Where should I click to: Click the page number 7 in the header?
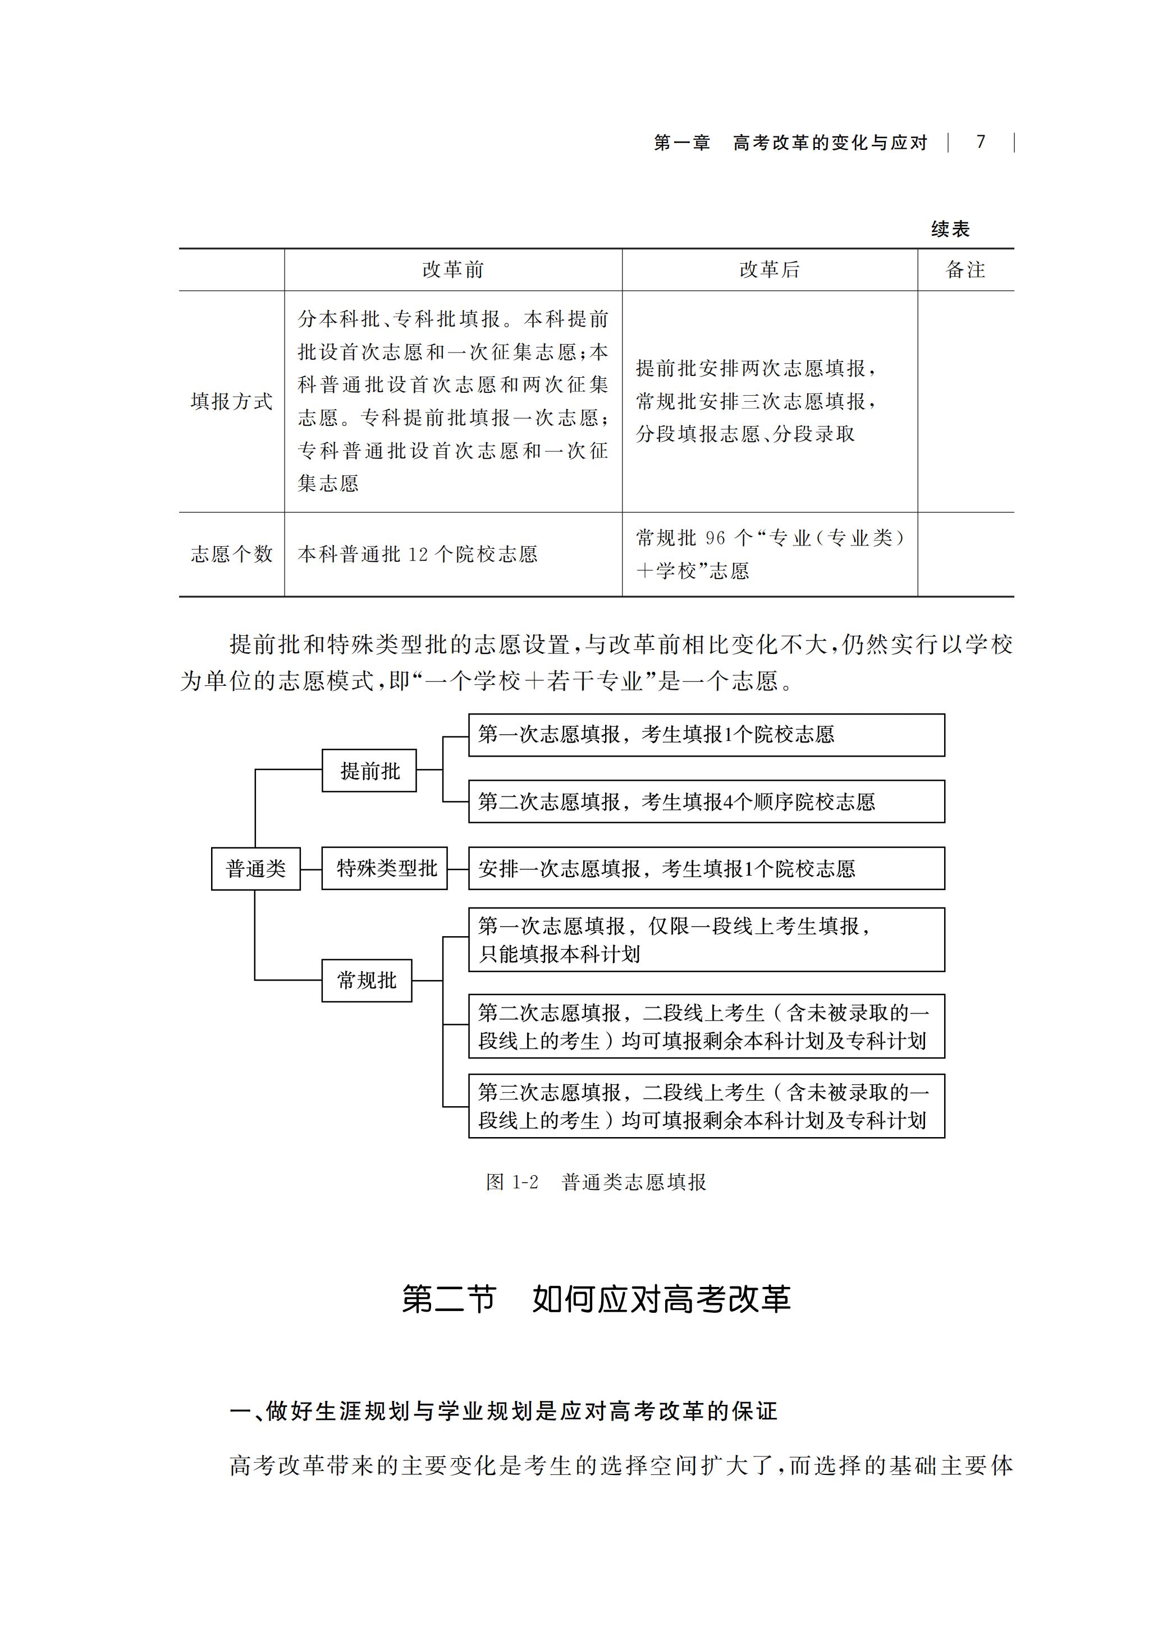click(x=981, y=141)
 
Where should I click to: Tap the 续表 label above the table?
click(x=951, y=229)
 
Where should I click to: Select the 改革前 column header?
click(x=453, y=269)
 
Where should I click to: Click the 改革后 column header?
click(x=770, y=269)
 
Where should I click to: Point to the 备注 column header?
click(x=966, y=269)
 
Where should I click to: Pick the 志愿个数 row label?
click(x=231, y=554)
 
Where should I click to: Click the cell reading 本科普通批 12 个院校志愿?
click(x=418, y=554)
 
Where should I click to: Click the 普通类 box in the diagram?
click(x=256, y=869)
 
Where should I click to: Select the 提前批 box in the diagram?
click(x=369, y=771)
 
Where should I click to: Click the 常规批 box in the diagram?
click(x=367, y=980)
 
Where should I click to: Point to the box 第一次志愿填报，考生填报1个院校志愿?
click(x=706, y=735)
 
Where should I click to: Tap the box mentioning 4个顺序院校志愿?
click(x=706, y=801)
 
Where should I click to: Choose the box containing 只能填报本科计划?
click(x=706, y=940)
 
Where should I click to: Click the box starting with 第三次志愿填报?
click(x=706, y=1106)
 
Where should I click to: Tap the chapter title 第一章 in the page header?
click(x=682, y=142)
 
